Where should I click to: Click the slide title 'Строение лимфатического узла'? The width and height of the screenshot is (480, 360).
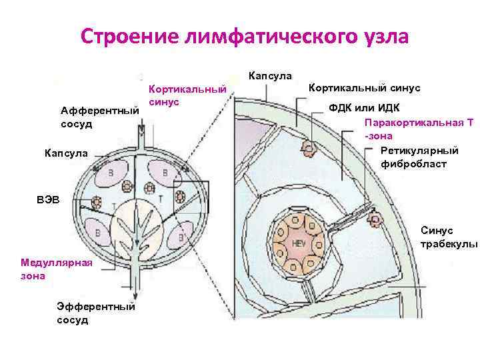pyautogui.click(x=244, y=35)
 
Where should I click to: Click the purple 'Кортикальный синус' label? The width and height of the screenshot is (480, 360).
pyautogui.click(x=187, y=95)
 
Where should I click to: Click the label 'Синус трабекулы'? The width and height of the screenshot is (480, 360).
pyautogui.click(x=449, y=237)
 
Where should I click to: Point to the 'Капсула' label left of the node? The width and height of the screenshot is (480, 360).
pyautogui.click(x=66, y=154)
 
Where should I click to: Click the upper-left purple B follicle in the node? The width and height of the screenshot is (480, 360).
pyautogui.click(x=107, y=175)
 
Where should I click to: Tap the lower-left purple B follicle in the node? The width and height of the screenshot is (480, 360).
pyautogui.click(x=103, y=233)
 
